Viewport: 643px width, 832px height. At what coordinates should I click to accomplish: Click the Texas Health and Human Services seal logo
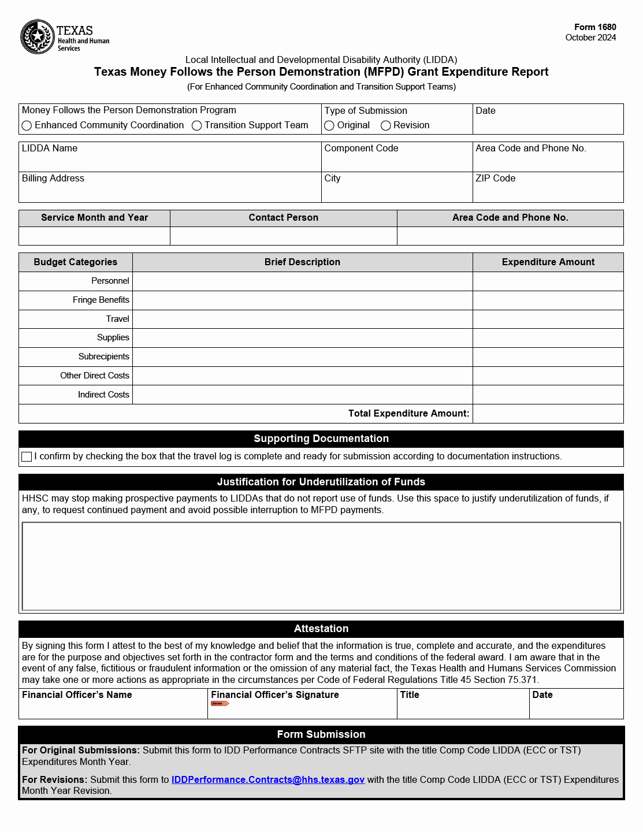coord(38,36)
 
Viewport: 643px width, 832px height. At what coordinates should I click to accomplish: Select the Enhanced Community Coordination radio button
coord(27,125)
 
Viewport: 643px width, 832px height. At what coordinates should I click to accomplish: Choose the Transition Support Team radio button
coord(196,125)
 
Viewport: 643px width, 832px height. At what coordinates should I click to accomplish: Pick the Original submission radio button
coord(329,125)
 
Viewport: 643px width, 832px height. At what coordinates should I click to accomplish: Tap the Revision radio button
coord(386,125)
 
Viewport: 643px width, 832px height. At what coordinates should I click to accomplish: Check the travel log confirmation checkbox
coord(27,456)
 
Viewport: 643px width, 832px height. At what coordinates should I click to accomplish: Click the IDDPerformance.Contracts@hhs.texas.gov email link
coord(267,779)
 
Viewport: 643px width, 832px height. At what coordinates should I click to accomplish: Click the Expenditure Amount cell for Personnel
coord(548,281)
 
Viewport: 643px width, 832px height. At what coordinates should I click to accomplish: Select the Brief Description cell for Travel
coord(302,319)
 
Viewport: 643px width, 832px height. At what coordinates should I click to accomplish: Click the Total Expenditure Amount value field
coord(548,414)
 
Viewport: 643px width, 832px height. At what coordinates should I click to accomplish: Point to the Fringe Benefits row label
coord(101,300)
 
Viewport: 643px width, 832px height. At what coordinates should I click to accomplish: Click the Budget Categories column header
coord(76,262)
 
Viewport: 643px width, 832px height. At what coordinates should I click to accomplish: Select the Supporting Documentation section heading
coord(321,439)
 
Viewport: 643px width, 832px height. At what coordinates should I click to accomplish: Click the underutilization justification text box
coord(321,566)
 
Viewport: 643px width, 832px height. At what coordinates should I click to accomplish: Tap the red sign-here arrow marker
coord(220,703)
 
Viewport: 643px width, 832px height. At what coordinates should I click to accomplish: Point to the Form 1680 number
coord(595,27)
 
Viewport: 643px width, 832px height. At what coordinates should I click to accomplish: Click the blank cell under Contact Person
coord(283,236)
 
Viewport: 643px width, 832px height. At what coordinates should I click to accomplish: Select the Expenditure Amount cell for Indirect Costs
coord(548,395)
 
